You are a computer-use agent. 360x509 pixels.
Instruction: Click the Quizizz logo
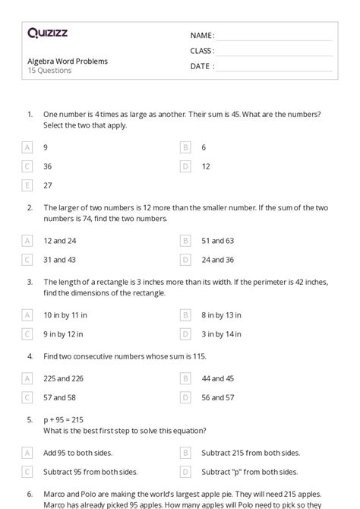click(47, 33)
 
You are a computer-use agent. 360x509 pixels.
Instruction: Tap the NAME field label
click(202, 36)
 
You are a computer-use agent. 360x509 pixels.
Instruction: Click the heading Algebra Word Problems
click(68, 61)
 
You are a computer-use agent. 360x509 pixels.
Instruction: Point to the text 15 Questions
click(49, 71)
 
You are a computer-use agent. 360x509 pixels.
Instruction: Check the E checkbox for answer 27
click(27, 185)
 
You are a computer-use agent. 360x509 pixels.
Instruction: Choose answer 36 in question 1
click(48, 166)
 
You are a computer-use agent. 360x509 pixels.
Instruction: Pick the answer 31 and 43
click(60, 259)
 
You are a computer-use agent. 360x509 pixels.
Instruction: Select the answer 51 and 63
click(218, 240)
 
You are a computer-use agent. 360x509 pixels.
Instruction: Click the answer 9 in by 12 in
click(64, 334)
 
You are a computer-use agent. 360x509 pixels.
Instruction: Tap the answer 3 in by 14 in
click(222, 334)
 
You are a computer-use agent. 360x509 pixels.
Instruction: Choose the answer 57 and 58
click(60, 397)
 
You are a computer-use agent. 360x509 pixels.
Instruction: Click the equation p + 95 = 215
click(63, 419)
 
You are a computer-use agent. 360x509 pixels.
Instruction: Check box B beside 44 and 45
click(185, 378)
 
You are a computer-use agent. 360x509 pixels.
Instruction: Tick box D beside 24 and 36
click(185, 259)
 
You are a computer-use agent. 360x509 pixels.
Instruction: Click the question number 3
click(30, 282)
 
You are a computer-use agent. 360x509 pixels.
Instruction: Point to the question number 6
click(30, 493)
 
